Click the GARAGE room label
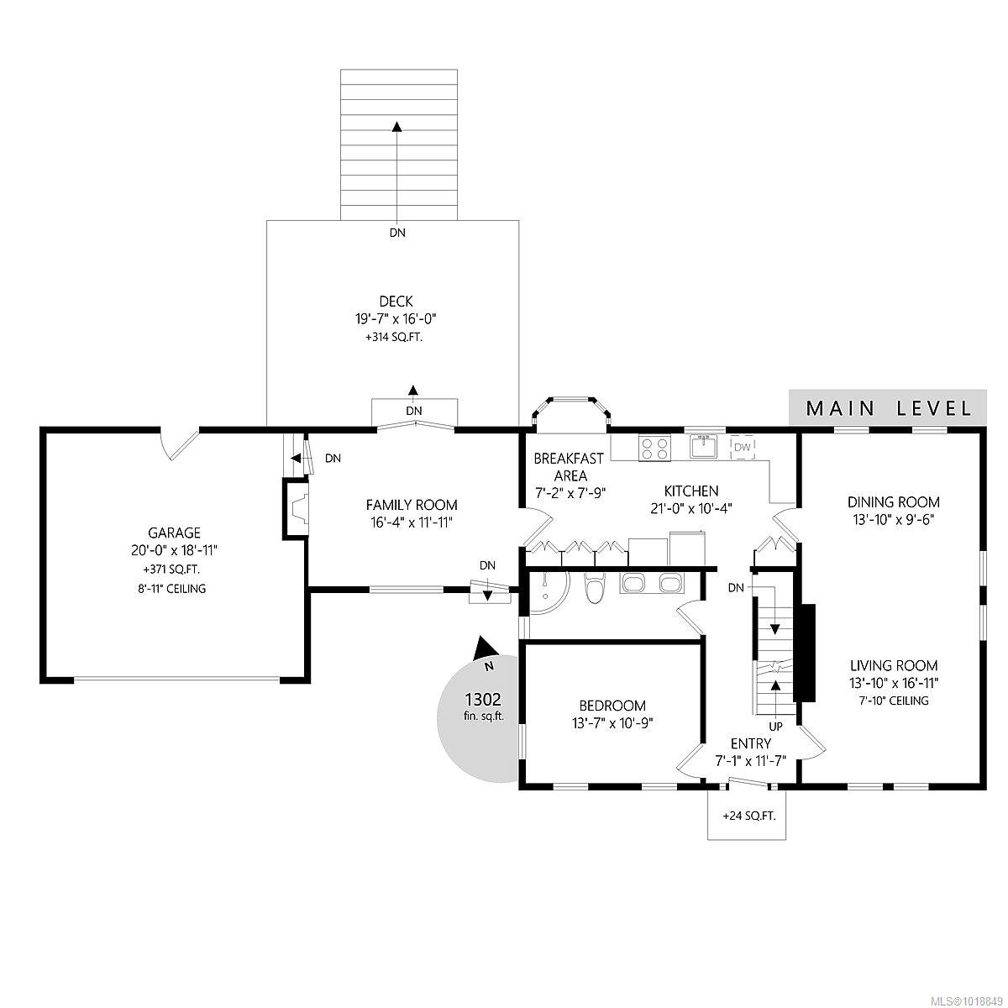[174, 533]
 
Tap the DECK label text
[396, 302]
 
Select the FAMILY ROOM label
[412, 505]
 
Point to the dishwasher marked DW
[743, 447]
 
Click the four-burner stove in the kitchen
[654, 449]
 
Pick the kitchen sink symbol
[703, 446]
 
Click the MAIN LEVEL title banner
[888, 407]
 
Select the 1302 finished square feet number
[483, 699]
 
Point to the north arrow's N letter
[489, 666]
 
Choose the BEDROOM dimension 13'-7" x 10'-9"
[613, 723]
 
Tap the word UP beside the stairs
[776, 727]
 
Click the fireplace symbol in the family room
[296, 510]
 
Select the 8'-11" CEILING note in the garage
[171, 589]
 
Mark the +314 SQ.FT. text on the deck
[394, 338]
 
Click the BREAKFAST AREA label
[569, 467]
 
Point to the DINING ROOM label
[894, 502]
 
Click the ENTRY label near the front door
[751, 743]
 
